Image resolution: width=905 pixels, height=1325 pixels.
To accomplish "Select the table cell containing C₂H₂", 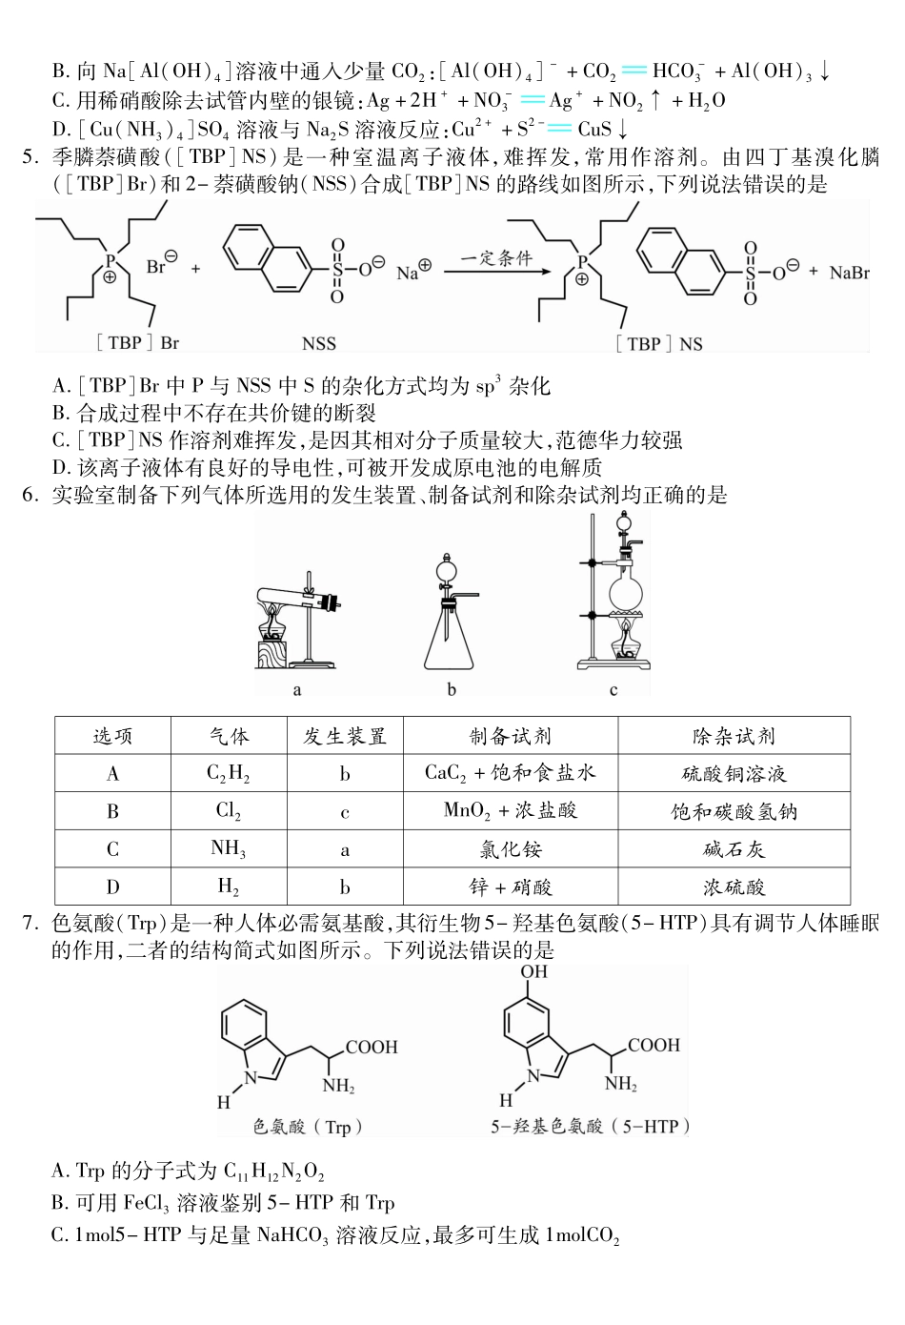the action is tap(229, 773).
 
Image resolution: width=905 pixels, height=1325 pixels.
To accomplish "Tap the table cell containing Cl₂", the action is tap(229, 811).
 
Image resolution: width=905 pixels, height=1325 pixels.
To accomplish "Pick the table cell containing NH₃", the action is tap(229, 849).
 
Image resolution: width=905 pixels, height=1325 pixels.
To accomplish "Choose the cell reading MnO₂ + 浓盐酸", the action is tap(511, 811).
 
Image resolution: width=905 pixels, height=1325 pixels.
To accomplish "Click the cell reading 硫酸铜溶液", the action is tap(734, 773).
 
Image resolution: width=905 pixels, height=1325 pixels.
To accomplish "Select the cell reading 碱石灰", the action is tap(734, 849).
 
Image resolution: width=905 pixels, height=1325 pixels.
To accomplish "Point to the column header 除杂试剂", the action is tap(734, 736).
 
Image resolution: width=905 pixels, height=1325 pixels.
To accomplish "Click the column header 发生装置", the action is tap(344, 736).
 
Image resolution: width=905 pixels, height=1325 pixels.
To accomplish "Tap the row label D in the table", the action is tap(112, 887).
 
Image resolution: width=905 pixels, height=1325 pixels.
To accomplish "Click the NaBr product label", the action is tap(849, 274).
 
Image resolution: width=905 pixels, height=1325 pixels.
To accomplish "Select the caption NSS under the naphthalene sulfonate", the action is tap(319, 343).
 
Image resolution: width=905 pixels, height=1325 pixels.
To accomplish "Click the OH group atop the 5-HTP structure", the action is tap(533, 972).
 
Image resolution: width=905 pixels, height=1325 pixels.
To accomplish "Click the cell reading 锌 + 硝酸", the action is tap(511, 887).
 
